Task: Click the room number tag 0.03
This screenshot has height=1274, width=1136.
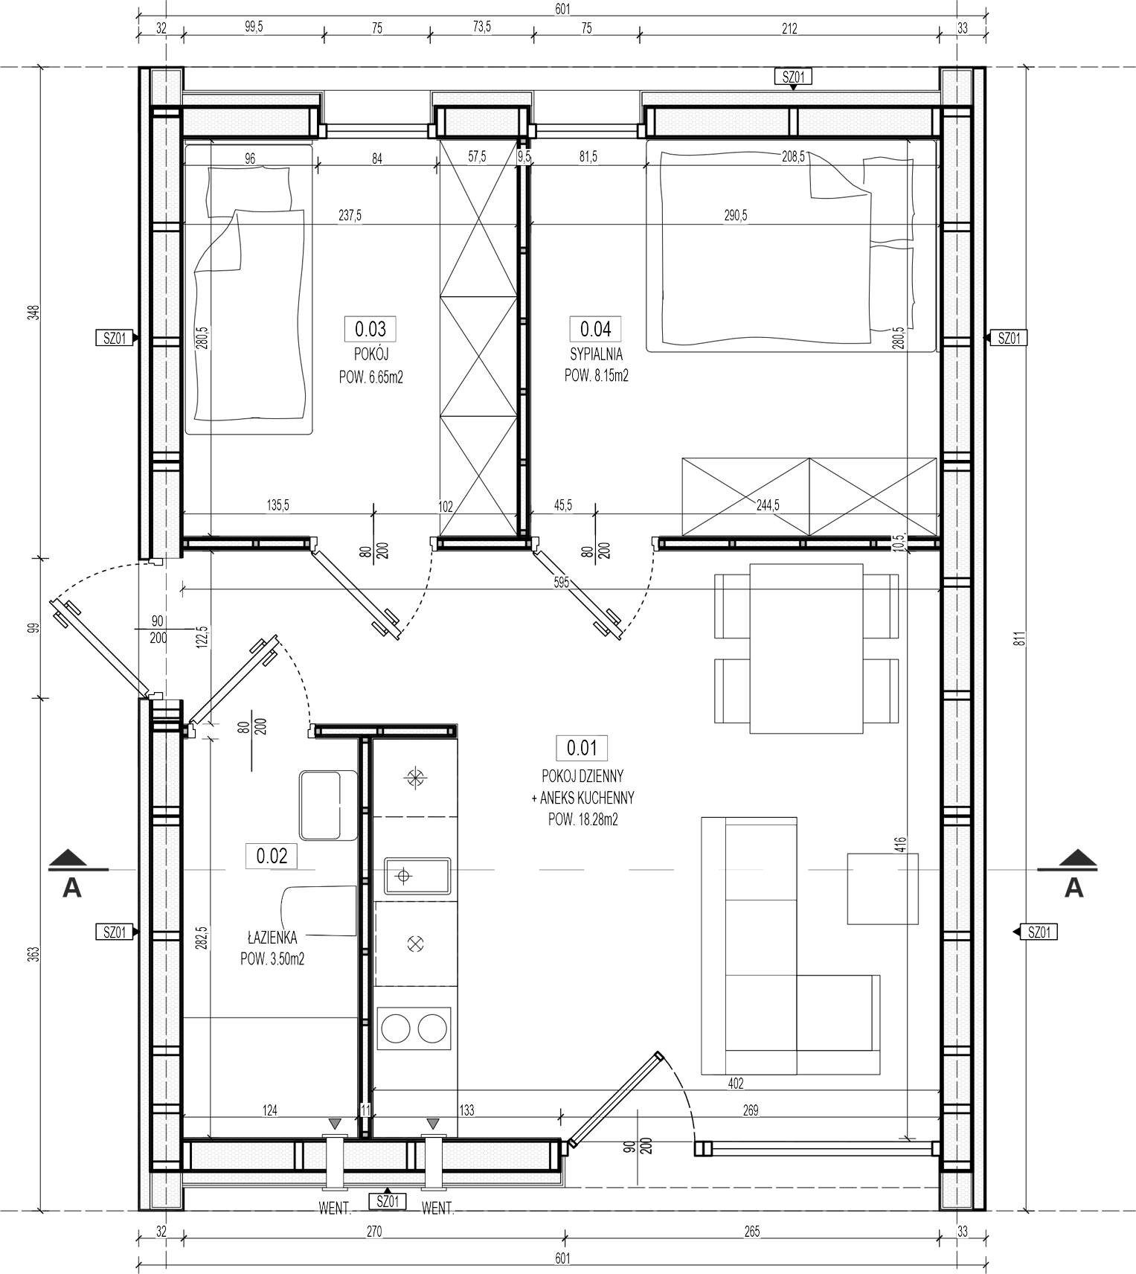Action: coord(370,328)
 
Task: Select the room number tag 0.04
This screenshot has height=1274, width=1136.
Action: coord(595,328)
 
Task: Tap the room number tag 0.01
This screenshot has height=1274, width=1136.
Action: coord(582,747)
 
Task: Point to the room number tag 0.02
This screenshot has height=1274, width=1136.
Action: coord(272,856)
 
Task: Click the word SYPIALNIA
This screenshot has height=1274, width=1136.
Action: coord(597,354)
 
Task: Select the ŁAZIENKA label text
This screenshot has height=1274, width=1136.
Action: coord(272,938)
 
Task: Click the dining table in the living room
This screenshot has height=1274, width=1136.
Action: coord(806,647)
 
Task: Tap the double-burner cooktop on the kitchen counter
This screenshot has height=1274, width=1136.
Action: coord(414,1028)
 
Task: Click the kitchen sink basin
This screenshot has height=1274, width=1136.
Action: coord(417,876)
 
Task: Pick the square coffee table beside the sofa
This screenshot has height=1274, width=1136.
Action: coord(883,889)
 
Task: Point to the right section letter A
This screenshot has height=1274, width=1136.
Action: coord(1074,887)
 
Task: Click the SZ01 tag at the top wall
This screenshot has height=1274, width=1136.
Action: coord(793,77)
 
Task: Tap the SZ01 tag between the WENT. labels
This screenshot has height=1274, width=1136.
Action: coord(388,1201)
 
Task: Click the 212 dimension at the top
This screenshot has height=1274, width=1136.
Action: coord(789,28)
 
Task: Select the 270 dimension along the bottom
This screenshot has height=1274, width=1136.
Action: coord(374,1232)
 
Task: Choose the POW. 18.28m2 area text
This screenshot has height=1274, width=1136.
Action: coord(583,820)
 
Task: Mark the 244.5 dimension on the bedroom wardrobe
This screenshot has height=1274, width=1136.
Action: coord(767,506)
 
